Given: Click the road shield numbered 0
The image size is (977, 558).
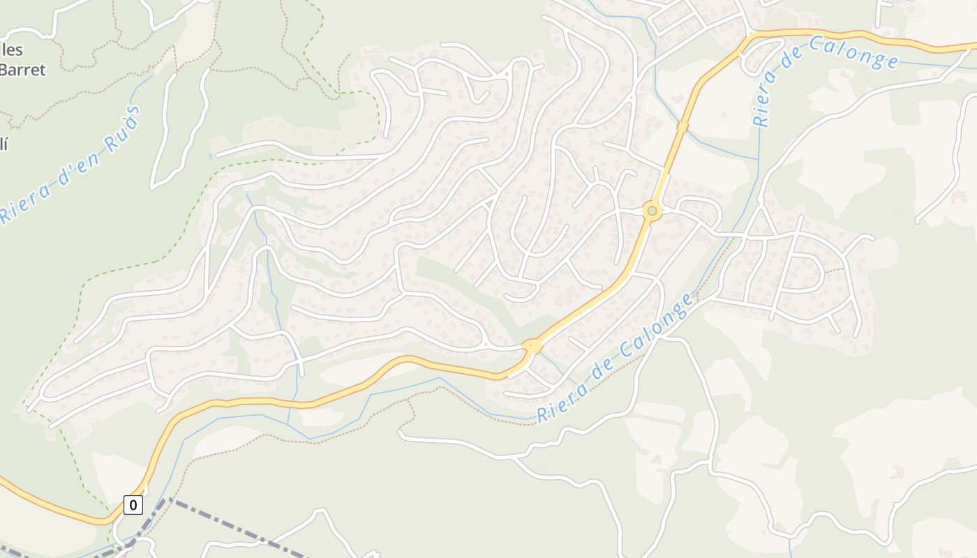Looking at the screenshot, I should [133, 504].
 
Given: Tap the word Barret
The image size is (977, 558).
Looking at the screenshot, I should [22, 70].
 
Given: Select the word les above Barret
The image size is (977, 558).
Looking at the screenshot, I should [13, 50].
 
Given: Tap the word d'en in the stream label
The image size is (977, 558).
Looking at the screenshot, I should [73, 167].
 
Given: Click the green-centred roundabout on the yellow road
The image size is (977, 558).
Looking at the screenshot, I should [652, 211].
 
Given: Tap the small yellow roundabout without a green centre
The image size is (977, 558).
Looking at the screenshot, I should [532, 345].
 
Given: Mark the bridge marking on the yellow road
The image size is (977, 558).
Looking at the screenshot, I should [683, 126].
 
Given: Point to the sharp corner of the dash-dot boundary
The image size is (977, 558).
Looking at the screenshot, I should [167, 499].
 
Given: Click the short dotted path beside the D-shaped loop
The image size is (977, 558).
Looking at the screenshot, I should [833, 270].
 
